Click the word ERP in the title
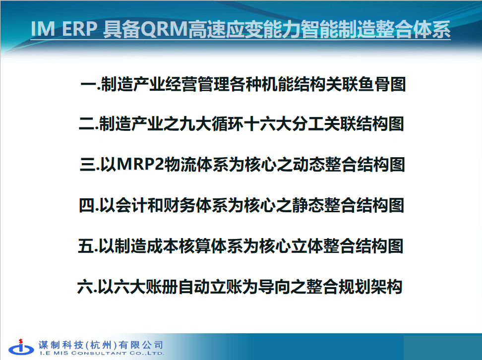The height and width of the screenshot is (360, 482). pos(80,29)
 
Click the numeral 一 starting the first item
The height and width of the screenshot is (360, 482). pos(89,84)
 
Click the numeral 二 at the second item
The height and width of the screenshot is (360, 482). pos(87,124)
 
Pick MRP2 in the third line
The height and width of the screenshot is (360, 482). pos(140,165)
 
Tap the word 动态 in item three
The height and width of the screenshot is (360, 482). pos(308,165)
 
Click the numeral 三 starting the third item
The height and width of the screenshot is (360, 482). pos(88,165)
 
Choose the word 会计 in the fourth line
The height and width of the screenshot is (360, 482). pos(131,205)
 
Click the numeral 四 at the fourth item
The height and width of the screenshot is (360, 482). pos(87,205)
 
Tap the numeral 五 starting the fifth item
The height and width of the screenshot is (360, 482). pos(86,246)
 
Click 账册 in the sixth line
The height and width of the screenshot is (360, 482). pos(162,287)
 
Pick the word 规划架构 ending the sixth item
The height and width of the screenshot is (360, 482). pos(370,287)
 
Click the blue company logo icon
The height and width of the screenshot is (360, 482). pos(21,348)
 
